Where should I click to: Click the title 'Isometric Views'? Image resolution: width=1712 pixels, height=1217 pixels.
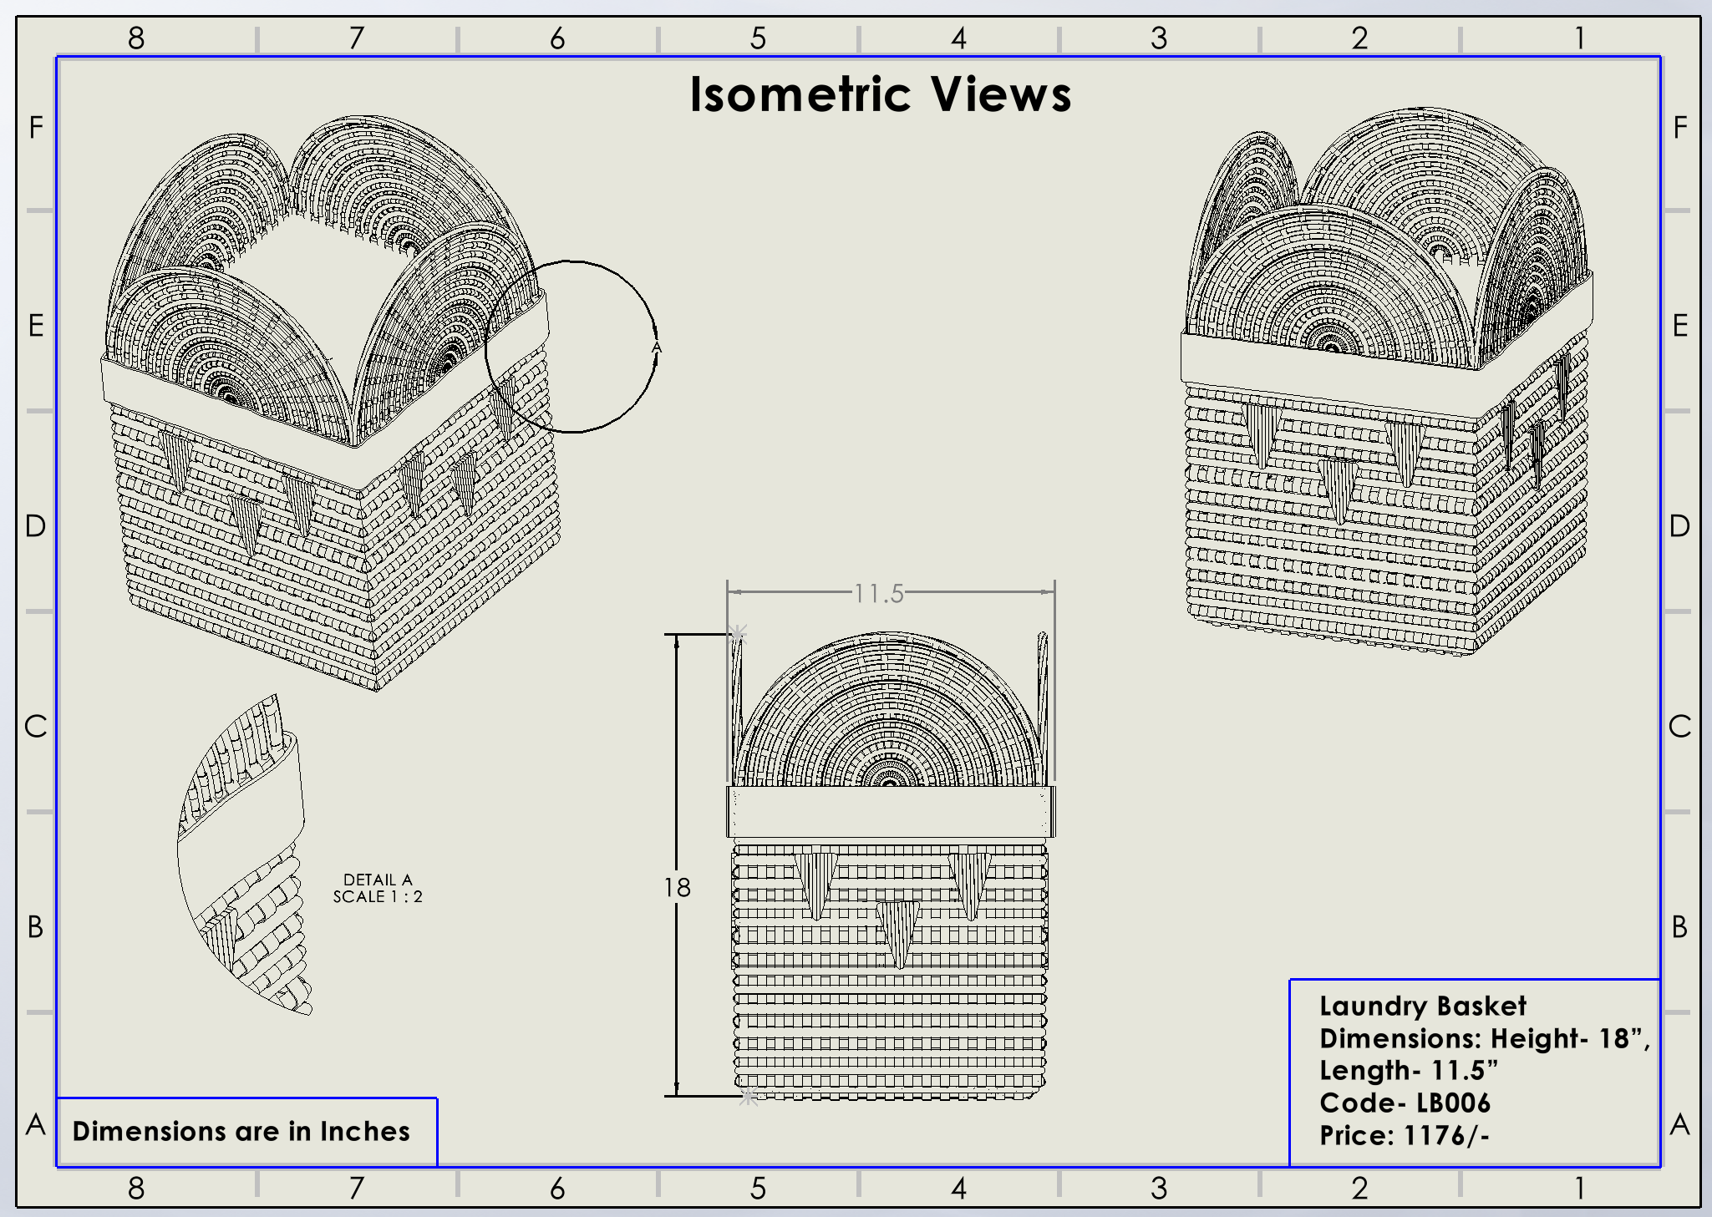pos(880,94)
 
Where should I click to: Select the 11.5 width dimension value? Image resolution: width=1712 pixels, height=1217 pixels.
pos(879,593)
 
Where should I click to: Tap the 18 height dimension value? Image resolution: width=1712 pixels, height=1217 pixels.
pos(678,887)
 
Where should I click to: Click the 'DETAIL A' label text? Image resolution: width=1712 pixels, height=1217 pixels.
pos(378,880)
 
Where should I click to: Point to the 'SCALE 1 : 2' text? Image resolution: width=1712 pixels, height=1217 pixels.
pos(378,897)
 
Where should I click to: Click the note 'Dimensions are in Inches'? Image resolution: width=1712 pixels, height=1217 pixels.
pos(241,1131)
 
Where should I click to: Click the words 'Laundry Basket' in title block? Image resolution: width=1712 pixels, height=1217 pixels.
pos(1422,1006)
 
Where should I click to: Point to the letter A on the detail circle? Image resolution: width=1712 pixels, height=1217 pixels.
pos(657,347)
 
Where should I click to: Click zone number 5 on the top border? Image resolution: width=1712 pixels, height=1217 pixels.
pos(758,38)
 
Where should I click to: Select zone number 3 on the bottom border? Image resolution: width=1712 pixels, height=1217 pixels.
pos(1159,1188)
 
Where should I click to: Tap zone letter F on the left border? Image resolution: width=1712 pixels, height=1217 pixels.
pos(36,128)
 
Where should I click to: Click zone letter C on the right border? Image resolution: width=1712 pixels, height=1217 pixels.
pos(1679,727)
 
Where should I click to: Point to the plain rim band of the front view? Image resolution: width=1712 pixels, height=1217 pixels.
pos(890,811)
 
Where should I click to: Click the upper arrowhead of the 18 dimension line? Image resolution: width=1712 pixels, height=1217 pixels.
pos(677,641)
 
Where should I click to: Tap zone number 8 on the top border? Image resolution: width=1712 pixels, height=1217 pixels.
pos(136,38)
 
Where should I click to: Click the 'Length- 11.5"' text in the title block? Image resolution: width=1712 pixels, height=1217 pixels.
pos(1409,1070)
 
